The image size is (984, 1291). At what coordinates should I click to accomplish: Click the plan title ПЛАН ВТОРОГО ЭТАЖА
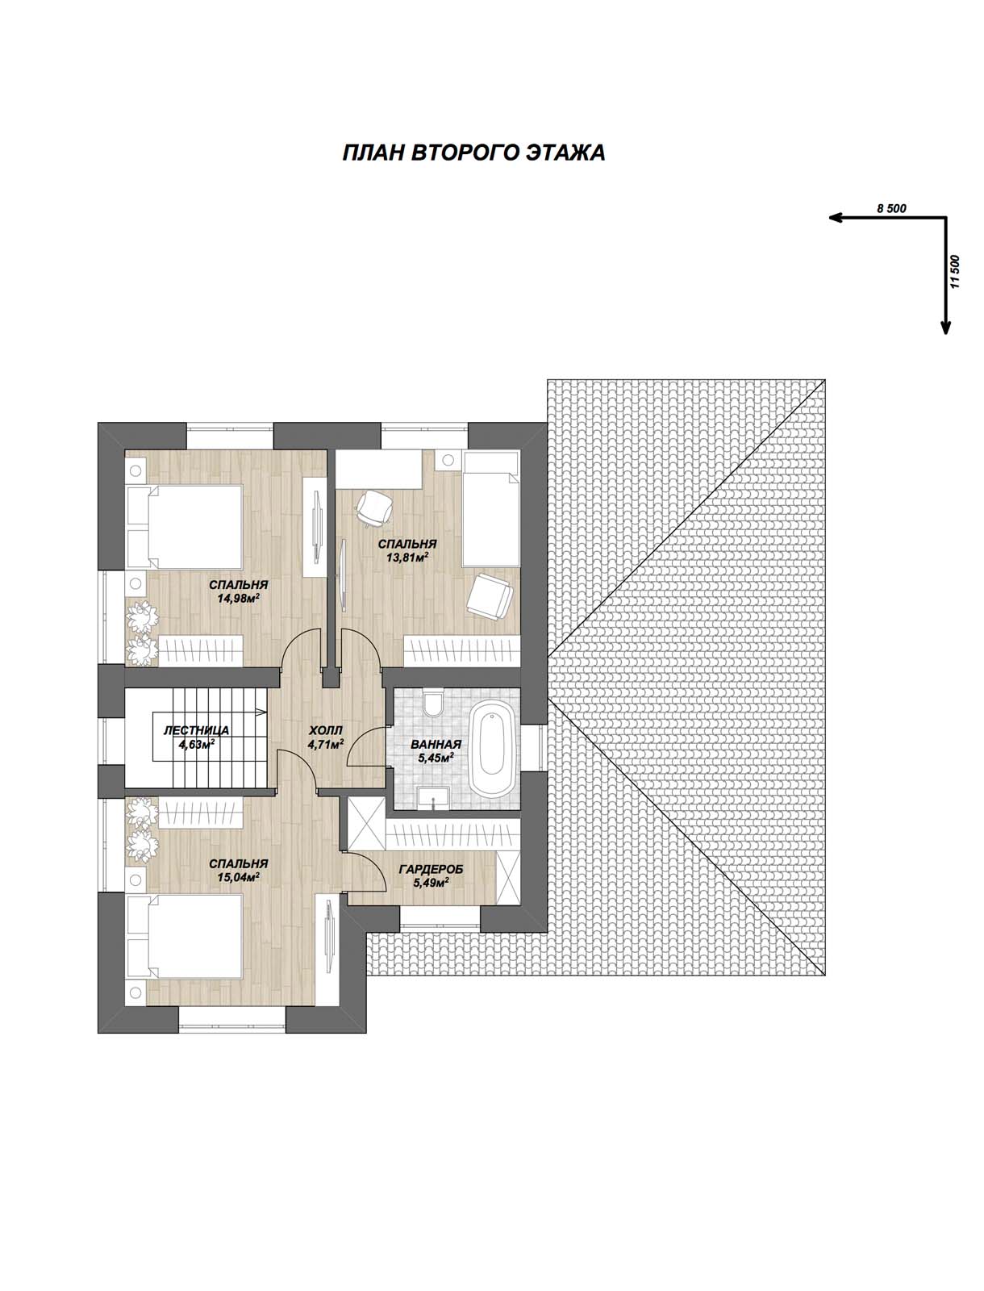(x=473, y=153)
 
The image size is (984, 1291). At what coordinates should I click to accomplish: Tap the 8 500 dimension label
(x=891, y=208)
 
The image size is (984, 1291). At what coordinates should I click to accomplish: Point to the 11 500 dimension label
(x=954, y=272)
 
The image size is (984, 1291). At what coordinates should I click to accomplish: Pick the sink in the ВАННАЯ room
(x=433, y=798)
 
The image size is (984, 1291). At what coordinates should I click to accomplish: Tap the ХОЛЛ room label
(x=326, y=730)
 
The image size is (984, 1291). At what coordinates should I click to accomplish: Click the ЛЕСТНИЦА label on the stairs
(x=196, y=730)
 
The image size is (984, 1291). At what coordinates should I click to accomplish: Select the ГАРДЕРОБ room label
(x=431, y=869)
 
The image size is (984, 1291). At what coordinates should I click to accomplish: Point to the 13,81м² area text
(x=407, y=557)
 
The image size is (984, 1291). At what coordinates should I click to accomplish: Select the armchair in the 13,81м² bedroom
(x=490, y=595)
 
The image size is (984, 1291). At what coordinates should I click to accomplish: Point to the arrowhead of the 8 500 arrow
(x=835, y=218)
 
